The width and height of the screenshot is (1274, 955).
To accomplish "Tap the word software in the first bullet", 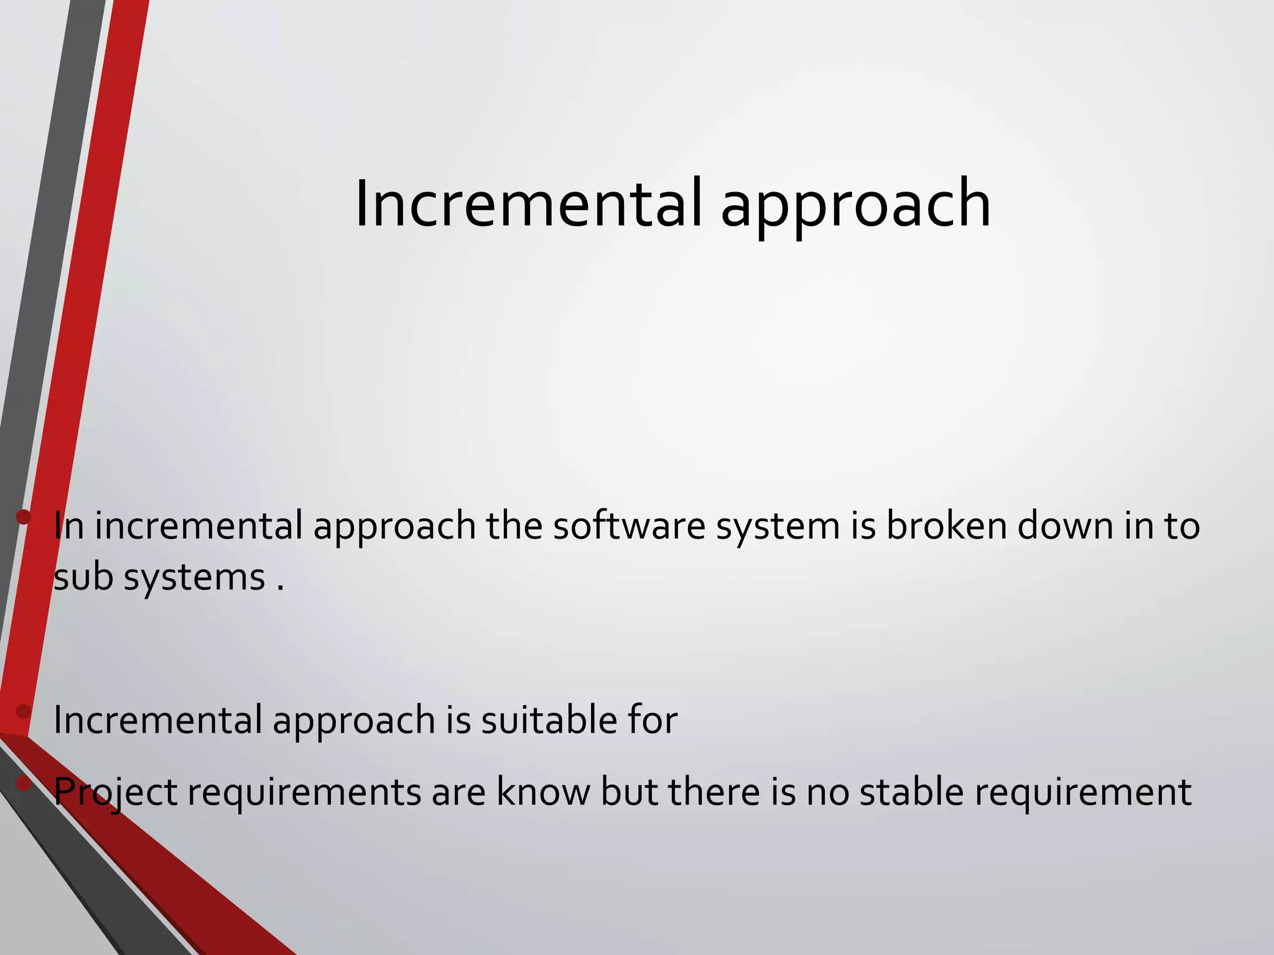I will click(x=629, y=525).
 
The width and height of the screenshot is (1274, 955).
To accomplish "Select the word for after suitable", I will click(x=653, y=720).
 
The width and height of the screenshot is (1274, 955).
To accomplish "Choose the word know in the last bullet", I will click(x=542, y=792).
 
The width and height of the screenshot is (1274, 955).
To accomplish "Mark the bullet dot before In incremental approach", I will click(x=24, y=517).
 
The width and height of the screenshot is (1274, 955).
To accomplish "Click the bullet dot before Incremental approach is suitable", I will click(x=24, y=711).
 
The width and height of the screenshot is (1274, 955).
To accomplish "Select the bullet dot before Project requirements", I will click(x=24, y=784).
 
